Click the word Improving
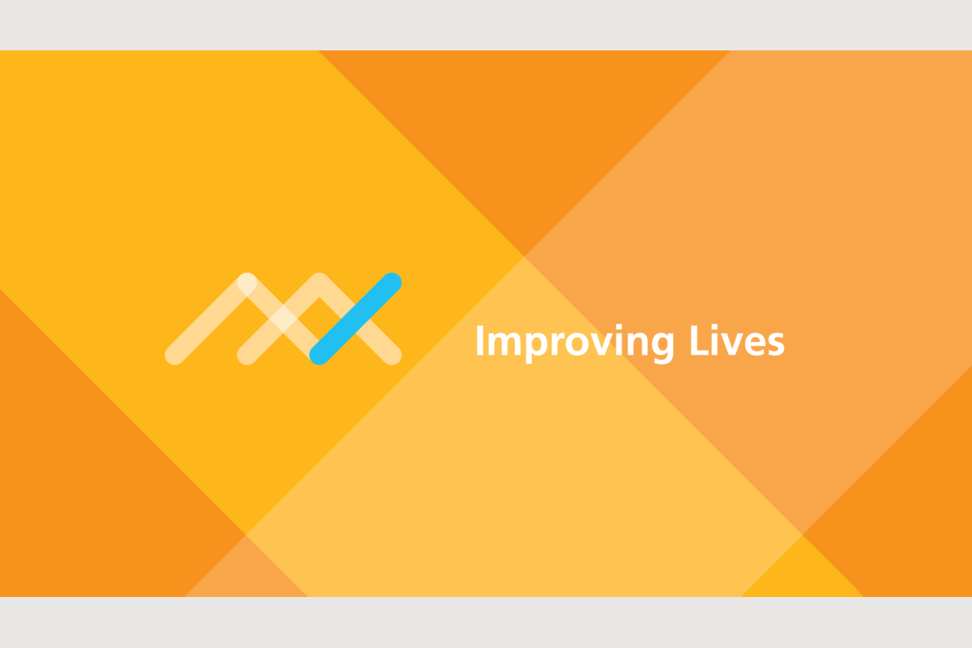[575, 343]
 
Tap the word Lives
[737, 341]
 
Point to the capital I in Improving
[480, 341]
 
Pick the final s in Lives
[775, 345]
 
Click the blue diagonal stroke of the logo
[356, 319]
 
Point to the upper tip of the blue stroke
[392, 282]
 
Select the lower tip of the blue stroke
[319, 356]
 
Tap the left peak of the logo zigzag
[247, 282]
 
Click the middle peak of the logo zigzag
[319, 282]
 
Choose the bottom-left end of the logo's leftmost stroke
[174, 356]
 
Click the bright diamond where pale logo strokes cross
[283, 319]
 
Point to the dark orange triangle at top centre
[524, 130]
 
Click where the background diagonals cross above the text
[524, 256]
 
